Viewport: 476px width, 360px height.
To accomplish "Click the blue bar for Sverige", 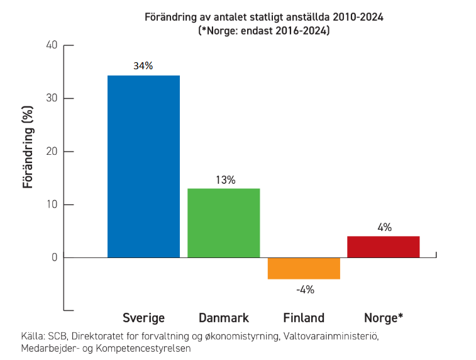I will pyautogui.click(x=143, y=166).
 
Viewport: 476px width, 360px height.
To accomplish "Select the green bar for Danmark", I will pyautogui.click(x=223, y=223).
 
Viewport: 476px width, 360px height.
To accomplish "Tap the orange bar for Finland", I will pyautogui.click(x=304, y=268).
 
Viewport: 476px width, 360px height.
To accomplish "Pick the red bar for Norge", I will pyautogui.click(x=383, y=247).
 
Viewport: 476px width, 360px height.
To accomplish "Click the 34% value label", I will pyautogui.click(x=143, y=65).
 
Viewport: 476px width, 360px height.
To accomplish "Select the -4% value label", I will pyautogui.click(x=305, y=290).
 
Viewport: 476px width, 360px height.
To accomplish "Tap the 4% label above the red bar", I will pyautogui.click(x=384, y=227).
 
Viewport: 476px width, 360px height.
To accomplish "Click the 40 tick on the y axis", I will pyautogui.click(x=52, y=45).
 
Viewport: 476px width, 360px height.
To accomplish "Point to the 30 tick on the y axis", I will pyautogui.click(x=52, y=98).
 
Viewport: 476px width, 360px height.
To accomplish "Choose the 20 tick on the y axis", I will pyautogui.click(x=52, y=152).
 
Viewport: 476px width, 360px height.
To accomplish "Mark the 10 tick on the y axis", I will pyautogui.click(x=52, y=205).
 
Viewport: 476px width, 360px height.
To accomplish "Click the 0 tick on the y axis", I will pyautogui.click(x=55, y=257).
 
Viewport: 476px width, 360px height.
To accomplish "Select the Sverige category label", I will pyautogui.click(x=143, y=318).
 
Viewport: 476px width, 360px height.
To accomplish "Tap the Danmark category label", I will pyautogui.click(x=224, y=318).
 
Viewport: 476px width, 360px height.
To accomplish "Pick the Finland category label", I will pyautogui.click(x=304, y=318).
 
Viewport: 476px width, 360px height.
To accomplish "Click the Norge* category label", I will pyautogui.click(x=384, y=318).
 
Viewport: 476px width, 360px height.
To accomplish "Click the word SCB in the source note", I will pyautogui.click(x=58, y=336).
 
